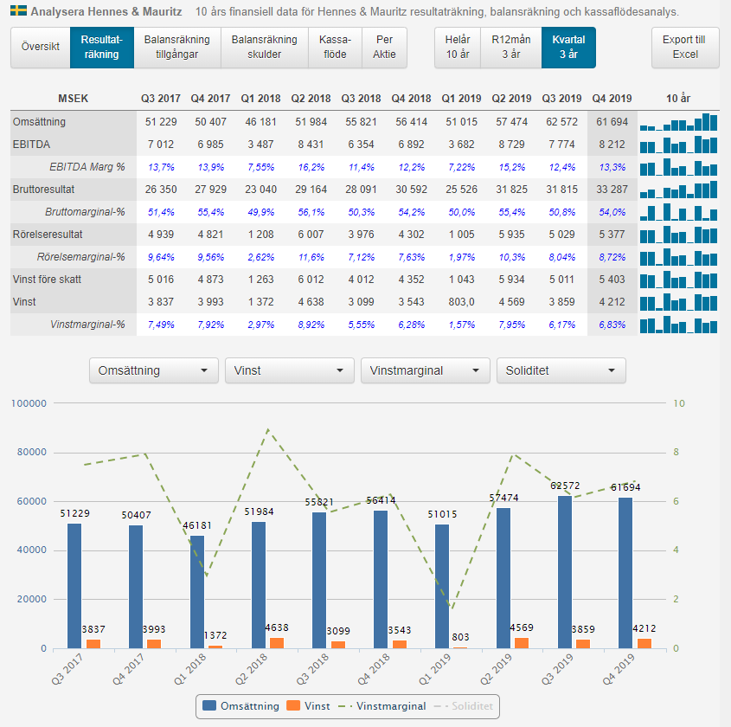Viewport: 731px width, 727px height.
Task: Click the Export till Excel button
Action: pyautogui.click(x=685, y=47)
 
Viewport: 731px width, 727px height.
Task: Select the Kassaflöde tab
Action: pyautogui.click(x=335, y=47)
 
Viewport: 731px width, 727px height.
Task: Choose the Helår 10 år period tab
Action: pyautogui.click(x=458, y=47)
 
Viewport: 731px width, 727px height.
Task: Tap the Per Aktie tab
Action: pyautogui.click(x=384, y=47)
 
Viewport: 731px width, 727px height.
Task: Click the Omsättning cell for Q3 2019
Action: pyautogui.click(x=561, y=122)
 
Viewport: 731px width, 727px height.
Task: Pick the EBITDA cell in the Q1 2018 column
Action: pyautogui.click(x=260, y=145)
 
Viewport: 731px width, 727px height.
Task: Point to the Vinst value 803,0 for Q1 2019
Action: pyautogui.click(x=462, y=302)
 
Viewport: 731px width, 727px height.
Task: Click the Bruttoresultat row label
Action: pyautogui.click(x=43, y=190)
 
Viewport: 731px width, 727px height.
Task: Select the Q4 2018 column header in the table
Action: pyautogui.click(x=411, y=99)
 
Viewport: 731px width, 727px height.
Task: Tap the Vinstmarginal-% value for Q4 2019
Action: pyautogui.click(x=612, y=325)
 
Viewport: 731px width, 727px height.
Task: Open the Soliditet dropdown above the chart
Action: pyautogui.click(x=561, y=370)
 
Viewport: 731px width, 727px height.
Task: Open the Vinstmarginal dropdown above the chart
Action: pyautogui.click(x=425, y=370)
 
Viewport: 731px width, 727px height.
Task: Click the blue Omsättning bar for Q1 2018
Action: pyautogui.click(x=197, y=592)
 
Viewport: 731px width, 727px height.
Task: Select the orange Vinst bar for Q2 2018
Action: pyautogui.click(x=277, y=643)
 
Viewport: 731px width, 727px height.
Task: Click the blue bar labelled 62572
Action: pyautogui.click(x=565, y=572)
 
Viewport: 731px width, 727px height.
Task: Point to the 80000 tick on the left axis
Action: pyautogui.click(x=32, y=452)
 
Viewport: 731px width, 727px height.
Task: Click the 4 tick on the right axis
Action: pyautogui.click(x=676, y=550)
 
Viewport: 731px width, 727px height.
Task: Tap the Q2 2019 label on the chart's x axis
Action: pyautogui.click(x=497, y=669)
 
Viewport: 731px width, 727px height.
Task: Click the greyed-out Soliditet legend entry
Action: pyautogui.click(x=464, y=706)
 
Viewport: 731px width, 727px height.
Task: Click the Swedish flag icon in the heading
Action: pyautogui.click(x=19, y=10)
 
